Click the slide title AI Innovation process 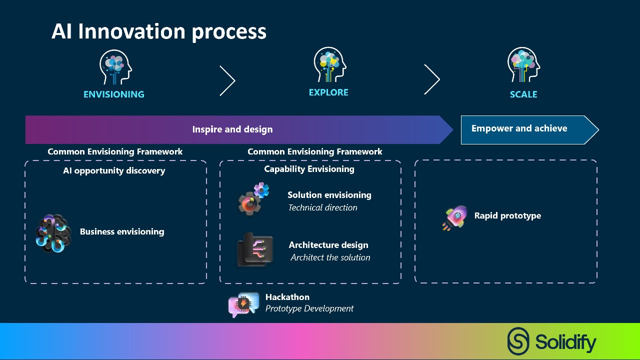pos(159,31)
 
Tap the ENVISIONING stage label pos(113,94)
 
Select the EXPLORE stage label pos(328,92)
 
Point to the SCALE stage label pos(523,94)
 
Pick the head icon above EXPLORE pos(329,65)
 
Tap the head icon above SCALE pos(523,65)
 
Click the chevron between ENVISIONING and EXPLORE pos(227,80)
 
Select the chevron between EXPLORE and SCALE pos(432,79)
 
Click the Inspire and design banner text pos(232,129)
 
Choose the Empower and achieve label pos(519,128)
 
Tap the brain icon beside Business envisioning pos(53,233)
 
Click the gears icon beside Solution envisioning pos(253,198)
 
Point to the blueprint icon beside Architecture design pos(255,249)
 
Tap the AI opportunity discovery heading pos(114,170)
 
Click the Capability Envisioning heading pos(309,169)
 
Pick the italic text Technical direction pos(322,207)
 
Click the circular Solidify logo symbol pos(518,341)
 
